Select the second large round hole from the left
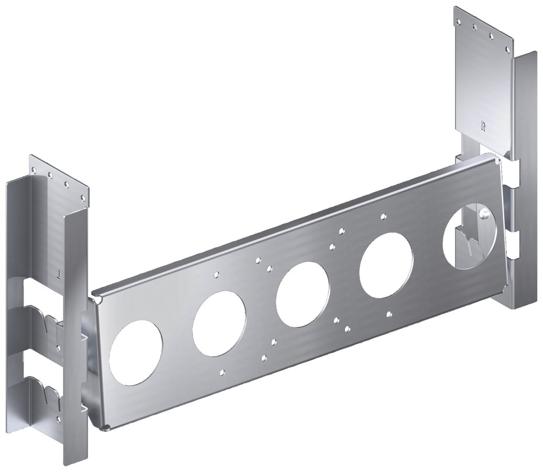[x=219, y=324]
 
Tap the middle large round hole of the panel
[x=302, y=293]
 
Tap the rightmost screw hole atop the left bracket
[x=82, y=198]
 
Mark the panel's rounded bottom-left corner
[x=105, y=426]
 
